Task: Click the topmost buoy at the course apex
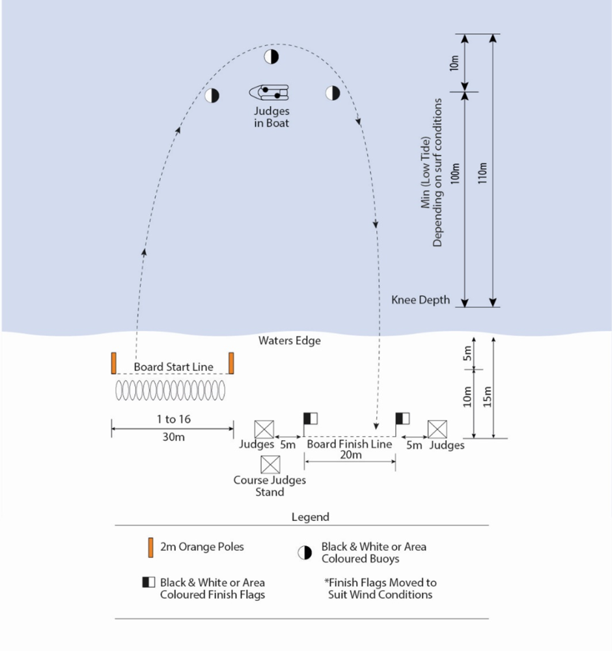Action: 271,57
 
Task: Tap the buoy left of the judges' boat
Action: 212,96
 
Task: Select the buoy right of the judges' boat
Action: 333,93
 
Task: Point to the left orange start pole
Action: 113,363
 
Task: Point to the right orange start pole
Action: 231,363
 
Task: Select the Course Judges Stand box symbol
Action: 270,464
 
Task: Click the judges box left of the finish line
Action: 264,429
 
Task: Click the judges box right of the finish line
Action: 437,429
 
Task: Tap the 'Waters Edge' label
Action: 290,340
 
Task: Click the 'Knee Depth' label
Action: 421,300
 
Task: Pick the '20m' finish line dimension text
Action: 350,455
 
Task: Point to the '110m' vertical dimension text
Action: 482,171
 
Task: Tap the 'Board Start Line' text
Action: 173,367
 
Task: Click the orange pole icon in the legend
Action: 151,547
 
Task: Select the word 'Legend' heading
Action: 310,517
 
